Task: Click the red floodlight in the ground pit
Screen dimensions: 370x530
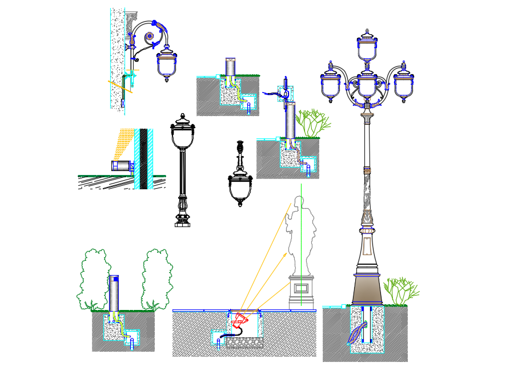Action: [x=242, y=319]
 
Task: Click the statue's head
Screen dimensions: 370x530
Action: [x=298, y=202]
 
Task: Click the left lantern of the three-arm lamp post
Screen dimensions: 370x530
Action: [x=331, y=85]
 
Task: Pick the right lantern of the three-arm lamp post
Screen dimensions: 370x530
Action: [x=403, y=85]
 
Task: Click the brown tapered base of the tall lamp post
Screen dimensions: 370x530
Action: [x=368, y=290]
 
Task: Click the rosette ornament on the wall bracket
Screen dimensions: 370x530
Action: [x=150, y=37]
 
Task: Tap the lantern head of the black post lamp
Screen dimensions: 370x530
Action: [x=183, y=135]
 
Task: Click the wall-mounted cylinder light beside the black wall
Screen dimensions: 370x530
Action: [x=122, y=166]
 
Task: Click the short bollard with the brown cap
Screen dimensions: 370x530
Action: [x=230, y=67]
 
